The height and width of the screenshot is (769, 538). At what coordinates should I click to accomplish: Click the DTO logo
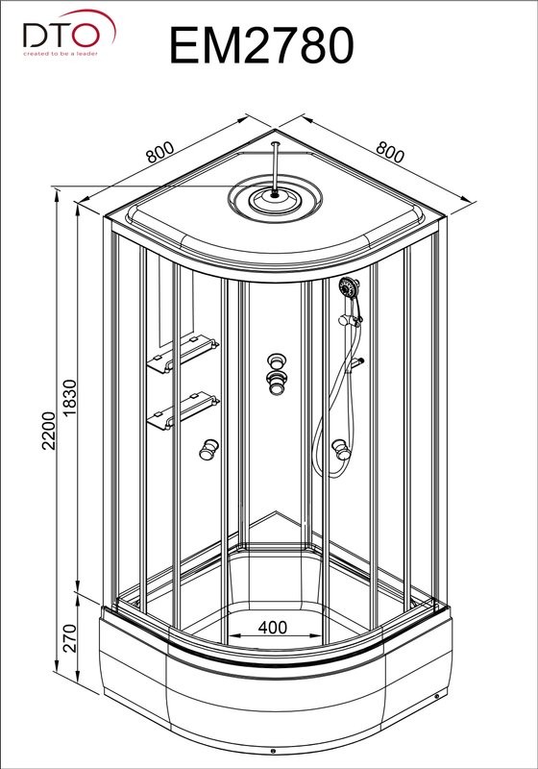point(69,33)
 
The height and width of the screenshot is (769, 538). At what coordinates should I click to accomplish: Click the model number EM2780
point(261,45)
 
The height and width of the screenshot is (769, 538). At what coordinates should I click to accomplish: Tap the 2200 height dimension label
point(50,431)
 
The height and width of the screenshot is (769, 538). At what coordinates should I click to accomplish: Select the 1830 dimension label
point(69,398)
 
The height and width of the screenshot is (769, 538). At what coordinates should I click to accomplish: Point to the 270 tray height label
point(70,638)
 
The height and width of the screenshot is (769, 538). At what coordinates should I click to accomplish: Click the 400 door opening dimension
point(273,628)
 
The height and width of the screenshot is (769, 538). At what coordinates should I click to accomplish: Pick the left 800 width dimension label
point(159,152)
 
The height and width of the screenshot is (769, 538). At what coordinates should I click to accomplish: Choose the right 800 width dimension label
point(390,152)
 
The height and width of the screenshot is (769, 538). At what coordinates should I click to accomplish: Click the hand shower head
point(349,286)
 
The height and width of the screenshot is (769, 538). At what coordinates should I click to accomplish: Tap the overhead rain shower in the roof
point(275,199)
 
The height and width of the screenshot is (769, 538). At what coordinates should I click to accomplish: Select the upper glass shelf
point(183,354)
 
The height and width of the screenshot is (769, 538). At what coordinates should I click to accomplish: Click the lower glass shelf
point(183,410)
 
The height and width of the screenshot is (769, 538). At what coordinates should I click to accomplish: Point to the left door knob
point(208,449)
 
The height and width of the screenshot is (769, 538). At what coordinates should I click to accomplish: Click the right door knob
point(341,449)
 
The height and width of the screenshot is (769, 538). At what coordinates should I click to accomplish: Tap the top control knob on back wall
point(277,361)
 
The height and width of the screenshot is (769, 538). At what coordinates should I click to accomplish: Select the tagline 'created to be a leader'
point(61,54)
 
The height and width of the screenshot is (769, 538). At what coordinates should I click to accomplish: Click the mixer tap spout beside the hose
point(355,364)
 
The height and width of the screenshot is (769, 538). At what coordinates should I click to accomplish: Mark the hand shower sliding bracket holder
point(351,319)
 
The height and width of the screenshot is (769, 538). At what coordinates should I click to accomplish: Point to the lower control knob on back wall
point(277,383)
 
